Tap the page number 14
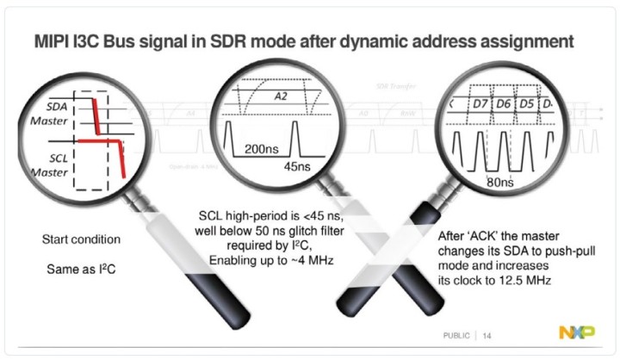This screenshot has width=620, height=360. [487, 334]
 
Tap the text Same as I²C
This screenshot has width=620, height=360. [80, 270]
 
